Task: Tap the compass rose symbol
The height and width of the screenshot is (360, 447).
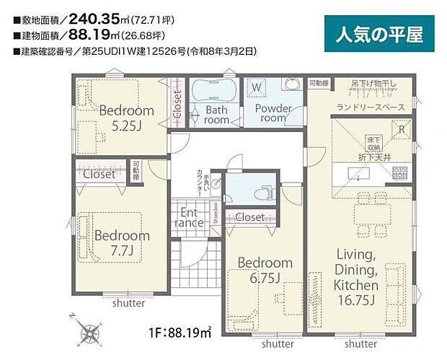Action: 92,333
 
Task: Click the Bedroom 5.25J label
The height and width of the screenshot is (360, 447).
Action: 126,117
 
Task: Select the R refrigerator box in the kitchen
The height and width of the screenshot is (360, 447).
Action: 402,128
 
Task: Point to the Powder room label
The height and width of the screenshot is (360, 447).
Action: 272,113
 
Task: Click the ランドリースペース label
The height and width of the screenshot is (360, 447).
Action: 369,108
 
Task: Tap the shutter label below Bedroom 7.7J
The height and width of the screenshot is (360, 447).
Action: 128,304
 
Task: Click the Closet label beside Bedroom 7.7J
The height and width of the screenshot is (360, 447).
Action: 99,174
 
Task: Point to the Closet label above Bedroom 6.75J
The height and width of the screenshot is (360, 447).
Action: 249,216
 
